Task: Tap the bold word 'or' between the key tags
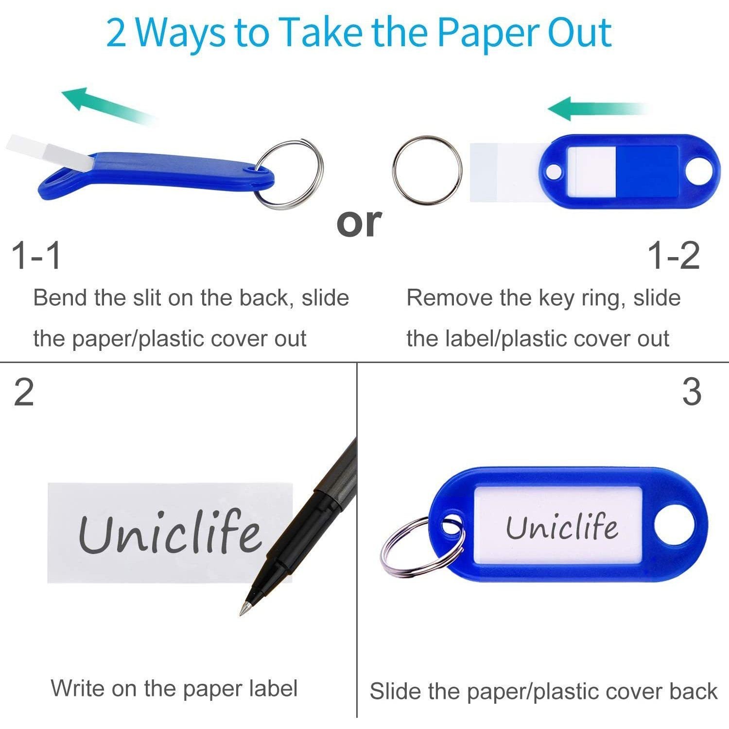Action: click(359, 223)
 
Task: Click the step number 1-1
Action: click(37, 256)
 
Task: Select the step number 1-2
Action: click(674, 256)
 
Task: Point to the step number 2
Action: click(24, 393)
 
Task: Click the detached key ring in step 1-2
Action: click(427, 169)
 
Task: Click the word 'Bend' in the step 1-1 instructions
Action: click(60, 298)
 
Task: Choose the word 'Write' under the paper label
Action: click(77, 688)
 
